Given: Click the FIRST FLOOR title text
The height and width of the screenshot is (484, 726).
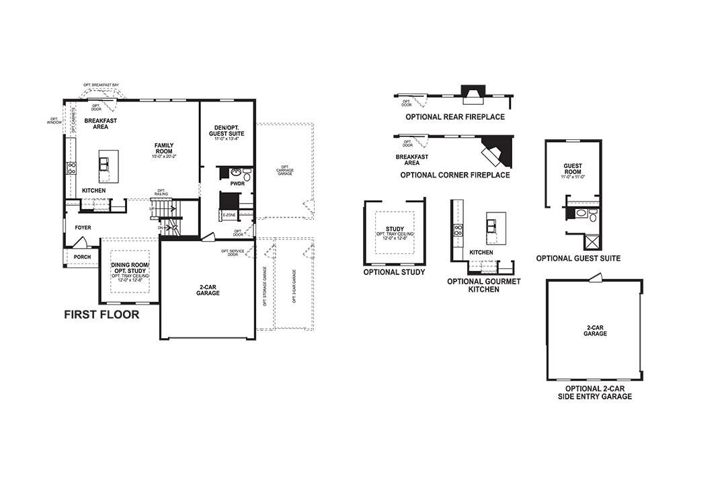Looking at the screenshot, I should (x=102, y=314).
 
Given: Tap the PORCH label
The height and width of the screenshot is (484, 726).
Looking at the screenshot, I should (x=83, y=257).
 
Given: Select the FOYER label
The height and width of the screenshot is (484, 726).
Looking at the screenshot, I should (x=83, y=228).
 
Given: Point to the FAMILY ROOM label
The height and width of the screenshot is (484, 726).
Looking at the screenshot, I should (x=164, y=149).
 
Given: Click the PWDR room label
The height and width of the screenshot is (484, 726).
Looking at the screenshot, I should (x=237, y=183).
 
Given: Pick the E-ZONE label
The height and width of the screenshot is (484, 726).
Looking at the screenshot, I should (x=229, y=215).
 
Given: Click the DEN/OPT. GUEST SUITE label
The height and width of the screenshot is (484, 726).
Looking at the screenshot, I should (x=227, y=130).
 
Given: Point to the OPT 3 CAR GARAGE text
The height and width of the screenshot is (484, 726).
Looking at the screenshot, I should (x=294, y=287).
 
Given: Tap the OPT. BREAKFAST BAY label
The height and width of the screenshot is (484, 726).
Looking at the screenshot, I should (x=101, y=85).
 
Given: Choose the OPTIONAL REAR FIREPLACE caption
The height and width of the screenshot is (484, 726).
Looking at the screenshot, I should (x=454, y=117).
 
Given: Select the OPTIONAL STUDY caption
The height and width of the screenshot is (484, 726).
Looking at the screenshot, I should (x=394, y=272).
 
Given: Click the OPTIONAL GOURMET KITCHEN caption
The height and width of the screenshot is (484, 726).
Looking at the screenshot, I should (x=483, y=285).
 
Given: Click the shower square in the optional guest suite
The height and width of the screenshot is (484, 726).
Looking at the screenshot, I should (x=592, y=243).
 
